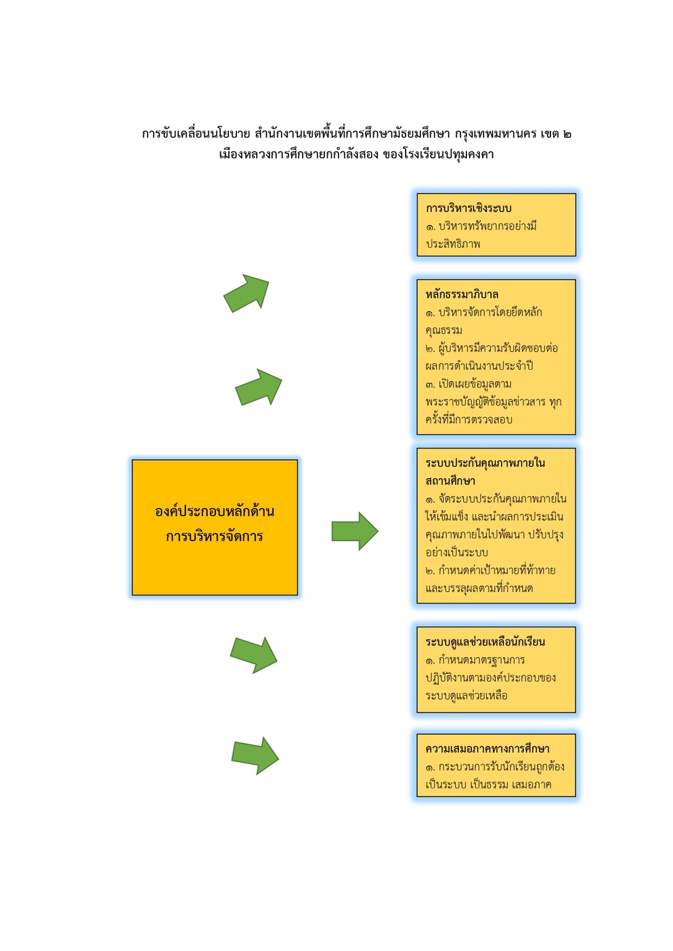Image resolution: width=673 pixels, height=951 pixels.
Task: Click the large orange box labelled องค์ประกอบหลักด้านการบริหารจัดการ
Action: pyautogui.click(x=215, y=527)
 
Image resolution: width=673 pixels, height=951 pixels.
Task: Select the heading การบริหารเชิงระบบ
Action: pyautogui.click(x=469, y=209)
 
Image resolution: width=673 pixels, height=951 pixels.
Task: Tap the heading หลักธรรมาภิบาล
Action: pyautogui.click(x=462, y=294)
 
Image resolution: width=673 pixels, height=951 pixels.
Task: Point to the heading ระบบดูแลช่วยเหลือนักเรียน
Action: pyautogui.click(x=485, y=642)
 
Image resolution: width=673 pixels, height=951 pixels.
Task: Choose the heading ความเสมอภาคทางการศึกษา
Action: pyautogui.click(x=487, y=749)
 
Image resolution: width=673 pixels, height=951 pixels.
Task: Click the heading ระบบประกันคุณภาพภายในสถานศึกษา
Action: pyautogui.click(x=485, y=471)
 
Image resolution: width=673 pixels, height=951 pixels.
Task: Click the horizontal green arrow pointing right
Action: pyautogui.click(x=355, y=531)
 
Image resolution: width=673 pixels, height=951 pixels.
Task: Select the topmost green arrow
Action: pyautogui.click(x=246, y=293)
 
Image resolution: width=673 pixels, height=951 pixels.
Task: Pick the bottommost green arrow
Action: pyautogui.click(x=255, y=756)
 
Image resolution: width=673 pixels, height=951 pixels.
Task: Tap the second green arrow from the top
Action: pyautogui.click(x=259, y=387)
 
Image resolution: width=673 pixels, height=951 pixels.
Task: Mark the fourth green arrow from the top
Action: pyautogui.click(x=254, y=655)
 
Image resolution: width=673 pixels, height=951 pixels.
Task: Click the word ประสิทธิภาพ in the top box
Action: pyautogui.click(x=453, y=244)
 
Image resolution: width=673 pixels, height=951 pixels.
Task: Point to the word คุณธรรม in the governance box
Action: pyautogui.click(x=444, y=331)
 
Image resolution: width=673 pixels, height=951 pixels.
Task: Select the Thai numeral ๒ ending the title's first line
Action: pyautogui.click(x=567, y=134)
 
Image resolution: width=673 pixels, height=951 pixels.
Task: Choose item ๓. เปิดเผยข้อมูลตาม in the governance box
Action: pyautogui.click(x=469, y=384)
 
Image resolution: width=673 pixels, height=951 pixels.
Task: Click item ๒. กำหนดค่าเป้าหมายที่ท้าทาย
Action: pyautogui.click(x=491, y=570)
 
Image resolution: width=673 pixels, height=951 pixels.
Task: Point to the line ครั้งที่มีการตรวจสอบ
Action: pyautogui.click(x=469, y=419)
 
